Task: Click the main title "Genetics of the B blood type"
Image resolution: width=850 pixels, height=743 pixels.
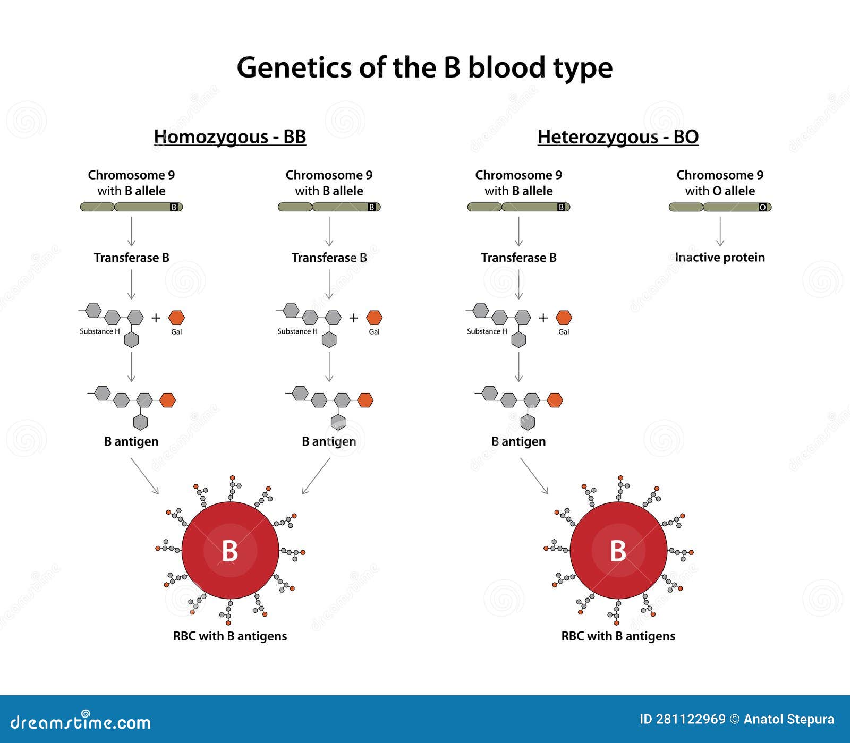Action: coord(424,68)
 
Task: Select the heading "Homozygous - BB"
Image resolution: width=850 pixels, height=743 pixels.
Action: coord(230,137)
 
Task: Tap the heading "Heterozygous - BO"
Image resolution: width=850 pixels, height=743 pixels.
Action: coord(618,137)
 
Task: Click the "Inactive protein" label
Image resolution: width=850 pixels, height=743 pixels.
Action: coord(720,258)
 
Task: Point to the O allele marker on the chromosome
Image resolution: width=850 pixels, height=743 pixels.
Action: coord(763,207)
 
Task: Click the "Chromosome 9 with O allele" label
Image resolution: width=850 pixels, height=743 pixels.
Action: coord(720,183)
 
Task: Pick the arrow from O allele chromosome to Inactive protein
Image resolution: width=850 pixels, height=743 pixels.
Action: coord(720,232)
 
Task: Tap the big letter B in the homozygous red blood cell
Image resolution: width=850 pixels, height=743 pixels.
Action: coord(230,551)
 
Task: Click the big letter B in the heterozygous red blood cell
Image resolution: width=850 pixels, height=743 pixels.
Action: coord(618,551)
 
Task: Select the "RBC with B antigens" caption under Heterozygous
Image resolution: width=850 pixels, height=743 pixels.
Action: coord(618,636)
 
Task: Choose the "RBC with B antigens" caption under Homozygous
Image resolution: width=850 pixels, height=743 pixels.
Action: coord(230,636)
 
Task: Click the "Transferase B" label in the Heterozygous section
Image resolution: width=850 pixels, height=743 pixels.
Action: coord(518,258)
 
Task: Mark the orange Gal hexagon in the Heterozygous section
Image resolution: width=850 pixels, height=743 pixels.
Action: coord(564,318)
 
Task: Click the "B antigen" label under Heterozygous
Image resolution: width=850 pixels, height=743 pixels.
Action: coord(518,441)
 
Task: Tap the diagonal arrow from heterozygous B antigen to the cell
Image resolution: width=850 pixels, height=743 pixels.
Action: coord(534,476)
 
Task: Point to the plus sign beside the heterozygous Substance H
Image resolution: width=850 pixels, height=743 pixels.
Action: coord(543,318)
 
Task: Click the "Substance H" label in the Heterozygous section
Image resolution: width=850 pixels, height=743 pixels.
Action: coord(487,331)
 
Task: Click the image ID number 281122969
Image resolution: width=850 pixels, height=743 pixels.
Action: coord(691,719)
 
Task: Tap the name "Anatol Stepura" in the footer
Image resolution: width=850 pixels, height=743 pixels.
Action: coord(789,719)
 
